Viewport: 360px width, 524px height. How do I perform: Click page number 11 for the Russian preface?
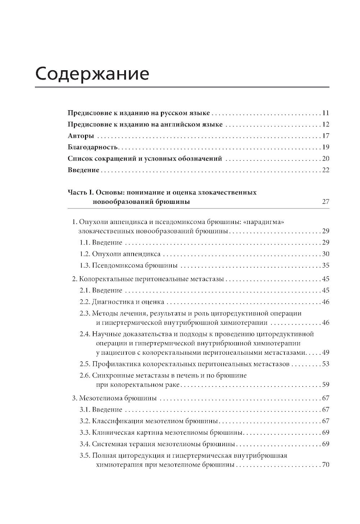click(x=326, y=113)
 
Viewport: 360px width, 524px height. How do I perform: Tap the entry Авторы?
click(x=81, y=136)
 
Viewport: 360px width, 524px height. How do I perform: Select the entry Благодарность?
click(x=93, y=147)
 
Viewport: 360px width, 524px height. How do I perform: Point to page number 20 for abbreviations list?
click(x=326, y=159)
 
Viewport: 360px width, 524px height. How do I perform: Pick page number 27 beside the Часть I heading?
click(x=325, y=202)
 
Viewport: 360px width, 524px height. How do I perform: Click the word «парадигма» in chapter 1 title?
click(x=264, y=222)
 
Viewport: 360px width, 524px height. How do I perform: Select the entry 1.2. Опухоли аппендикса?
click(x=120, y=254)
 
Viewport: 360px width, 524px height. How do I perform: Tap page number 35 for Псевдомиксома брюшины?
click(x=326, y=265)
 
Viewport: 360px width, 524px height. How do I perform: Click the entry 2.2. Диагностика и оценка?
click(x=122, y=302)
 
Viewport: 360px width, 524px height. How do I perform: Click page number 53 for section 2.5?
click(x=326, y=364)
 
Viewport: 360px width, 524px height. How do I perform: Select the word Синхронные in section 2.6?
click(x=111, y=375)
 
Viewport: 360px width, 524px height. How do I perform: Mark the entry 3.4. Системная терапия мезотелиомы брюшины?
click(x=158, y=444)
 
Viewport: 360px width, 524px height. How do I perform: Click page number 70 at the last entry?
click(x=326, y=465)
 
